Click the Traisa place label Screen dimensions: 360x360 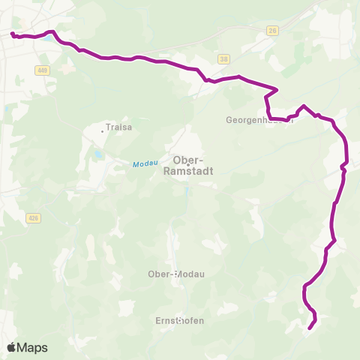pyautogui.click(x=119, y=127)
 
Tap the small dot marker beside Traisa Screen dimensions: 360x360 pyautogui.click(x=103, y=131)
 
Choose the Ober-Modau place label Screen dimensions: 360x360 pyautogui.click(x=176, y=274)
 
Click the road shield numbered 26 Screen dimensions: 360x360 pyautogui.click(x=271, y=31)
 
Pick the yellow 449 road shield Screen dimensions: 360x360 pyautogui.click(x=41, y=70)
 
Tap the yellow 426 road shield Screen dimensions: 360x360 pyautogui.click(x=32, y=218)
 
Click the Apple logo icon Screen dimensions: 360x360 pyautogui.click(x=12, y=347)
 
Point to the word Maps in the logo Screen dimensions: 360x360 pyautogui.click(x=33, y=348)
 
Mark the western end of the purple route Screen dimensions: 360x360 pyautogui.click(x=12, y=34)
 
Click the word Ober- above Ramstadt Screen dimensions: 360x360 pyautogui.click(x=187, y=159)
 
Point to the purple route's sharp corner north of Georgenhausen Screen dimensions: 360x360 pyautogui.click(x=277, y=90)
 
